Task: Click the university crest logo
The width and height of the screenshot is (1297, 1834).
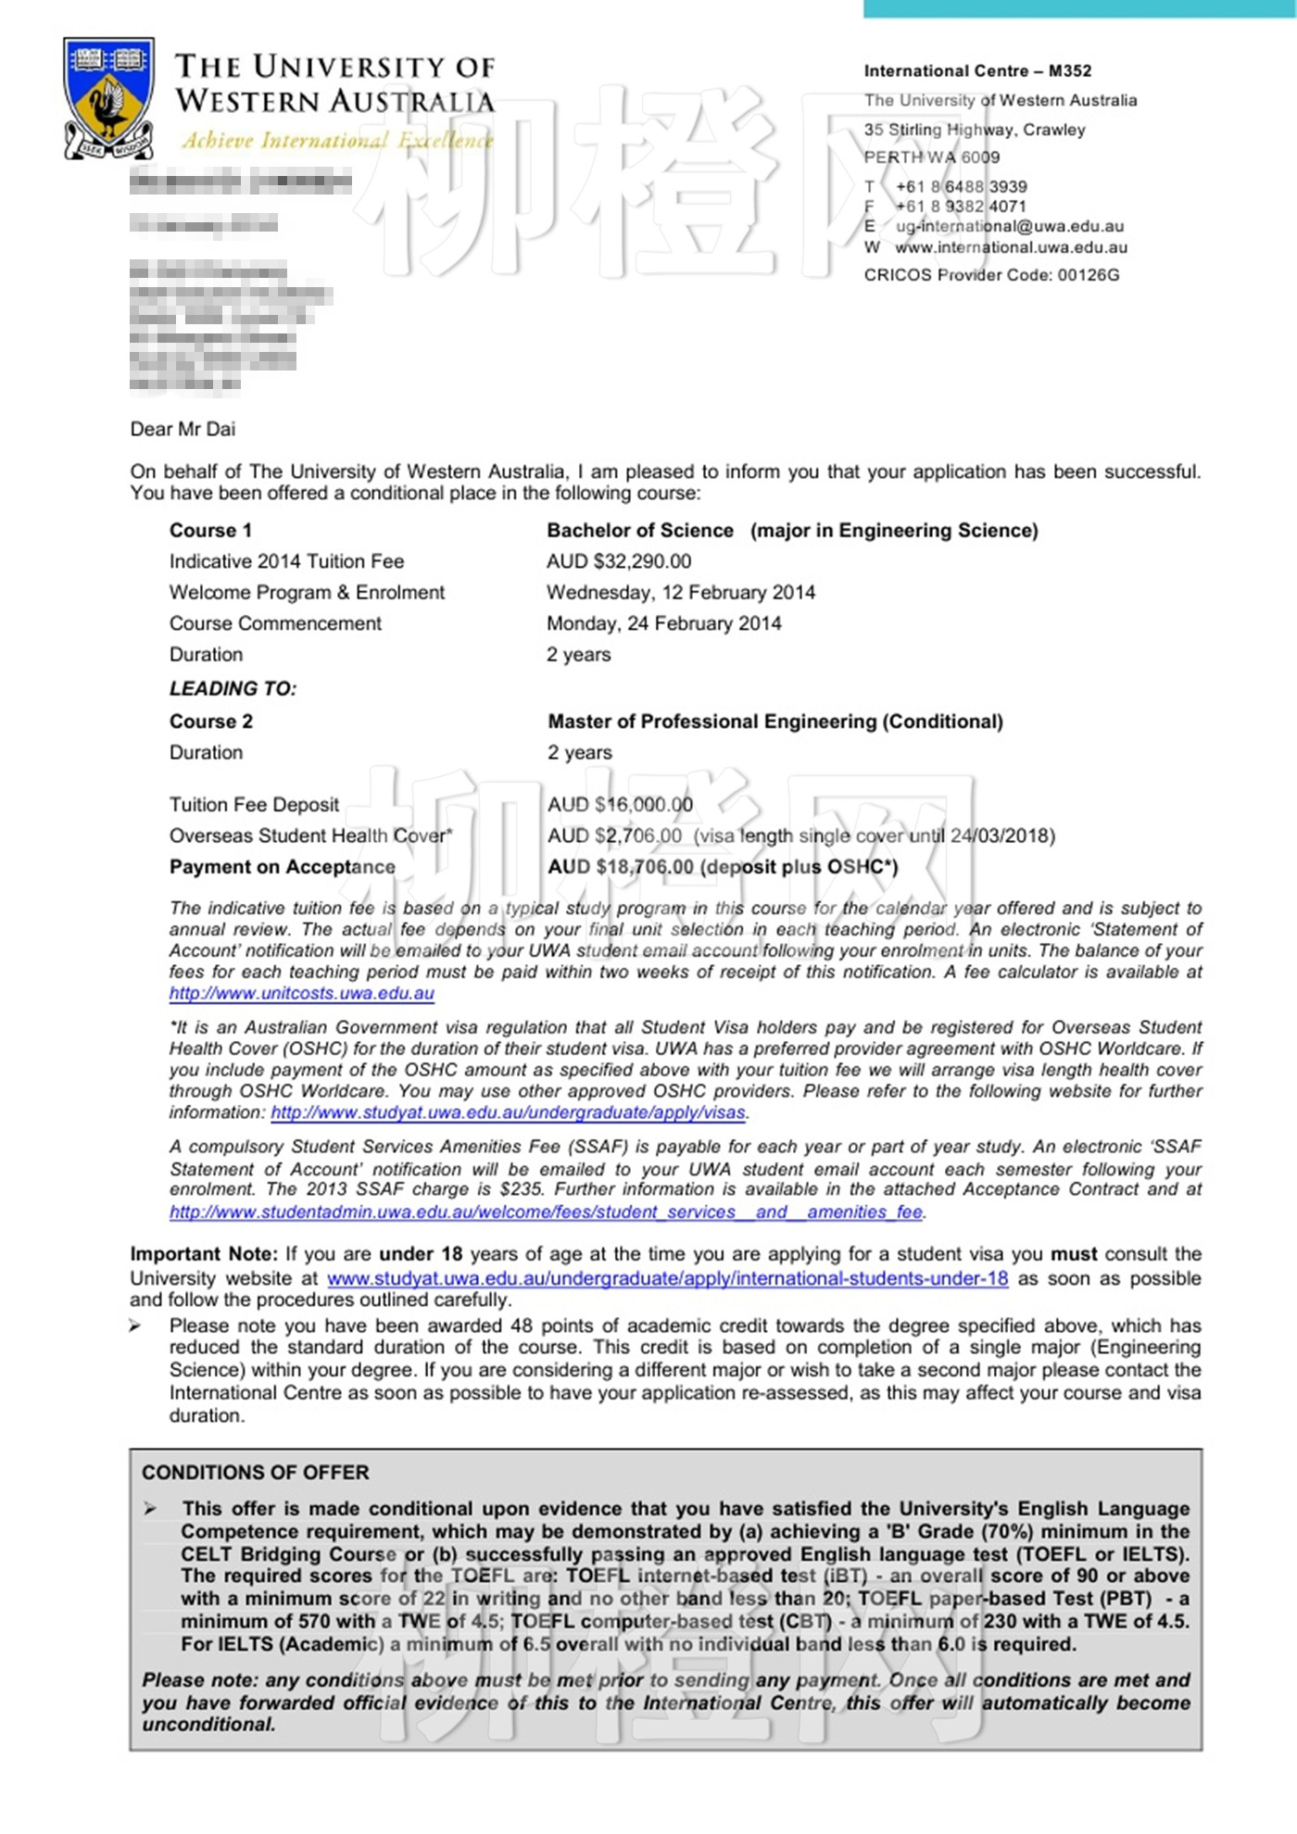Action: (108, 97)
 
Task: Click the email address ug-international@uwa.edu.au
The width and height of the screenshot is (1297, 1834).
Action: (1009, 226)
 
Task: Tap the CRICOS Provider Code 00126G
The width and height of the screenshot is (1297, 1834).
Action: (991, 275)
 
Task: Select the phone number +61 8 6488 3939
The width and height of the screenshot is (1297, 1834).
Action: (961, 186)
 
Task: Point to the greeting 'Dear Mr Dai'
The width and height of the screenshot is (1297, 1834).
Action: (183, 429)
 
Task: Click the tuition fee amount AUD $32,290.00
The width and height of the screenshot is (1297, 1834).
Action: (618, 561)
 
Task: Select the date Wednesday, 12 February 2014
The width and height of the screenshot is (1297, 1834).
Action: (680, 593)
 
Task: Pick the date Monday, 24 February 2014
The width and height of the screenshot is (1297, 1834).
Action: (663, 623)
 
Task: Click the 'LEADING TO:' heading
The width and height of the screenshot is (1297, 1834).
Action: (233, 689)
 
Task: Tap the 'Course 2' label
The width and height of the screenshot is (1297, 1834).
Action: (210, 722)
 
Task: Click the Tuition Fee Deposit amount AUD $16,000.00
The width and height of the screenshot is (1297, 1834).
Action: (620, 805)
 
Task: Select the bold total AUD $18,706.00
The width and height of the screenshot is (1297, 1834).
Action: (621, 867)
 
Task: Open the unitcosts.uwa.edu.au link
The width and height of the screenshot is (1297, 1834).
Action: (301, 994)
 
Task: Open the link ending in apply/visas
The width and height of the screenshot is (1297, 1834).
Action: (508, 1112)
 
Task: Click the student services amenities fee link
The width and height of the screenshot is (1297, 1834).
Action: (546, 1212)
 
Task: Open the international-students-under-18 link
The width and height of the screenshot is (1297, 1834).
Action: (667, 1279)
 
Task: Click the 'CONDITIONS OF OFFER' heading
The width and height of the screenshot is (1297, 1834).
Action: (255, 1473)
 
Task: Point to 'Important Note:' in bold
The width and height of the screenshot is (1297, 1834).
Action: (203, 1254)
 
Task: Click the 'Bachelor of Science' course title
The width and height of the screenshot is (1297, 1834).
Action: (639, 531)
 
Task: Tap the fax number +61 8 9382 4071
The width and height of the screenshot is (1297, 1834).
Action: (961, 207)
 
